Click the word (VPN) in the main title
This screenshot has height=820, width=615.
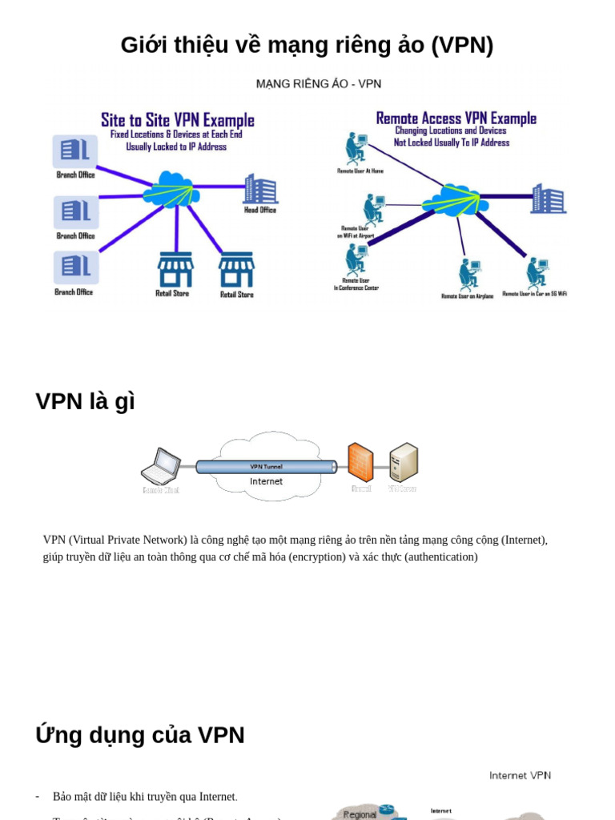click(462, 45)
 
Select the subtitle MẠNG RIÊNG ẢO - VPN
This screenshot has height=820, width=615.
click(318, 83)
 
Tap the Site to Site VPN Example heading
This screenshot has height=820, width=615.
click(177, 120)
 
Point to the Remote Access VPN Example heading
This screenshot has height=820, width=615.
click(456, 119)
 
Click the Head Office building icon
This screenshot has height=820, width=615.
click(260, 189)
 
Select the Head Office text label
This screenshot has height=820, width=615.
click(260, 210)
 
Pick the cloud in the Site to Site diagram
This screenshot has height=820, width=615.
click(171, 191)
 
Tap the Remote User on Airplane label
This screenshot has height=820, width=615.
click(467, 295)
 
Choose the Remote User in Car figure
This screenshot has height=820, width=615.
click(537, 273)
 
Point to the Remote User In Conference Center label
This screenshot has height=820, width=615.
click(356, 284)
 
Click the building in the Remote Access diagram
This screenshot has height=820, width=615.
click(548, 199)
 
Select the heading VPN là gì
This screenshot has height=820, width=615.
click(85, 401)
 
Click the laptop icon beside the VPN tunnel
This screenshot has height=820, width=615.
click(162, 466)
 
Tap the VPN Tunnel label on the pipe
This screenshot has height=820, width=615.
click(266, 466)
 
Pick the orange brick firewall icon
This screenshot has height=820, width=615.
click(360, 462)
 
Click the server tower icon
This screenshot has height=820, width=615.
click(404, 462)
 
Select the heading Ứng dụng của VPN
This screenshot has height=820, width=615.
click(140, 734)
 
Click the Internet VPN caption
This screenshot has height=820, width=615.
click(520, 775)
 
